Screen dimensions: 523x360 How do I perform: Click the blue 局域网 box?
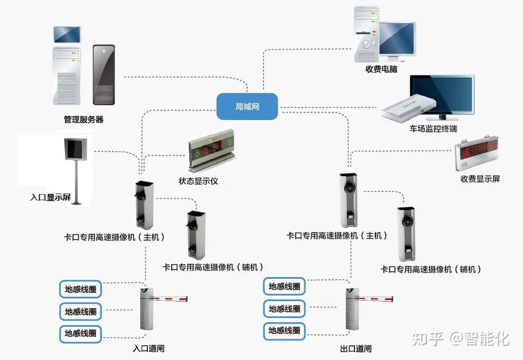(247, 106)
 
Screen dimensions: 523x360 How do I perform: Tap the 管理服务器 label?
(83, 119)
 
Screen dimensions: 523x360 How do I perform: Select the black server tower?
(104, 75)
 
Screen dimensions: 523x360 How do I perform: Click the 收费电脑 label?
(381, 69)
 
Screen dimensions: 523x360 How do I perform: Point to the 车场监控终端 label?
(433, 128)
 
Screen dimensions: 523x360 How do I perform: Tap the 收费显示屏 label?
(480, 179)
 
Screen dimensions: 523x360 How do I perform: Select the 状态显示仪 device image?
(212, 150)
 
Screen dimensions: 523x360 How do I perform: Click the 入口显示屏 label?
(50, 197)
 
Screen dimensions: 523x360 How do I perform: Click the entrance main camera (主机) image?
(144, 205)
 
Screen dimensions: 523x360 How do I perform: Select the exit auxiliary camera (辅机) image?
(406, 234)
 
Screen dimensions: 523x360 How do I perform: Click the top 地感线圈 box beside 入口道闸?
(80, 289)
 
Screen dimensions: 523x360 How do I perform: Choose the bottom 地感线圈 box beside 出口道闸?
(284, 331)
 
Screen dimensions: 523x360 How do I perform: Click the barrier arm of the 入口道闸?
(171, 298)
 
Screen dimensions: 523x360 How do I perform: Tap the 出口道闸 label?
(356, 349)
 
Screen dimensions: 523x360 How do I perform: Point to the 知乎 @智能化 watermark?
(461, 339)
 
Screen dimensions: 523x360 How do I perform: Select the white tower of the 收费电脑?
(366, 34)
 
